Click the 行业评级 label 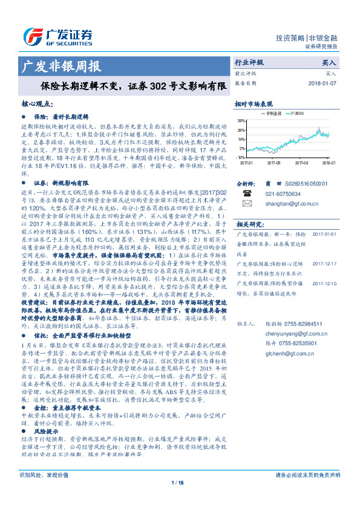(x=249, y=62)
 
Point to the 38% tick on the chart (x=241, y=120)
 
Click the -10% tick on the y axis (x=241, y=157)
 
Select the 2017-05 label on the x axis (x=275, y=162)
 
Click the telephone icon (x=246, y=193)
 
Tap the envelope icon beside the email (x=246, y=204)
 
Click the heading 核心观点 (x=36, y=103)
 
